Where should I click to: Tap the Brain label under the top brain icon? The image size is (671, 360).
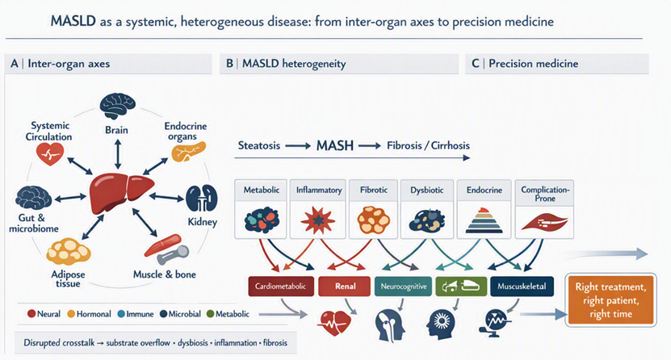coord(116,130)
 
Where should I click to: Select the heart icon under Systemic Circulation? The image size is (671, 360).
coord(50,154)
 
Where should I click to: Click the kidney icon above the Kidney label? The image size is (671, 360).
coord(202,198)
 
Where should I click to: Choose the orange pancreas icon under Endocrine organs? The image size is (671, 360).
coord(188,153)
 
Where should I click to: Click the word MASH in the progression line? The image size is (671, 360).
coord(335,146)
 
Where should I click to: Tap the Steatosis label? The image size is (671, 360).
coord(259,145)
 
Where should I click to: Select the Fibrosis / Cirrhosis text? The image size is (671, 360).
coord(429,145)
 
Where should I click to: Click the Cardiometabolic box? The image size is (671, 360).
coord(281,287)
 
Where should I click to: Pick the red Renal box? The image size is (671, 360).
coord(344,287)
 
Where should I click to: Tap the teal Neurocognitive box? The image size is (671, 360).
coord(404,287)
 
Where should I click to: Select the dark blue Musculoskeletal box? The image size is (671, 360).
coord(522,287)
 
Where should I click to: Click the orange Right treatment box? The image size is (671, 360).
coord(610,300)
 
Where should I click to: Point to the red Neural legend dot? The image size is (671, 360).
coord(31,314)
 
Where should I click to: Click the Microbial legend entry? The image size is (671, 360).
coord(180,314)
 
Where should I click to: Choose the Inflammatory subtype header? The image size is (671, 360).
coord(319,190)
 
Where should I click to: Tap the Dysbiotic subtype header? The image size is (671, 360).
coord(426,190)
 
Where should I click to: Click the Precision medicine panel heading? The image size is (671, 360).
coord(533,64)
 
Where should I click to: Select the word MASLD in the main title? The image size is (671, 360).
coord(73,21)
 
